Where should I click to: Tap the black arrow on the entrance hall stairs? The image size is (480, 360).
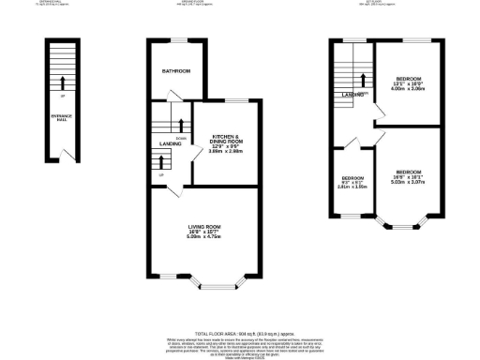point(64,82)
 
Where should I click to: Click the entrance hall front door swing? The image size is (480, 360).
point(62,155)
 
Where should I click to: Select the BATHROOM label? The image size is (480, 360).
point(175,72)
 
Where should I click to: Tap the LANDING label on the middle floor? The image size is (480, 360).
point(170,143)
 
